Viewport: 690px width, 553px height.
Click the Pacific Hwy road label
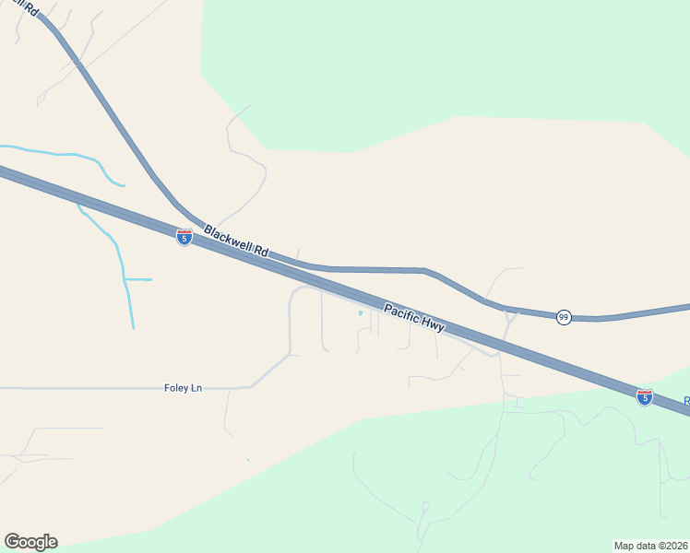[414, 319]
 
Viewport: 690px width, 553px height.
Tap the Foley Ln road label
[183, 388]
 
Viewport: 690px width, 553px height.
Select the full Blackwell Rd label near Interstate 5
[235, 241]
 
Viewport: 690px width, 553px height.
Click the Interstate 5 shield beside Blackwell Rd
[184, 237]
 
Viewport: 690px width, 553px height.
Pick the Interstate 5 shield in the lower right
[645, 396]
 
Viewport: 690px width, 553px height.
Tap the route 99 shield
[564, 317]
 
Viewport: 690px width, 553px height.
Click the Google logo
[30, 541]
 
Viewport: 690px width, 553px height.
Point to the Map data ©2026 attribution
[651, 546]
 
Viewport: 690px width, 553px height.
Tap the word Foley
[176, 388]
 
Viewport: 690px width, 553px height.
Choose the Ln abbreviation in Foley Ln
[196, 388]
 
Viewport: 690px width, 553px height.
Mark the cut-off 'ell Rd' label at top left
[28, 8]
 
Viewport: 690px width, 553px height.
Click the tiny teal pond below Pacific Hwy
[361, 312]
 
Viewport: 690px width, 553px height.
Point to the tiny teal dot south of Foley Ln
[248, 459]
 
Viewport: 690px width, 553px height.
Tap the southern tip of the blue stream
[133, 326]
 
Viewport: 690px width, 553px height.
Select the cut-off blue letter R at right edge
[686, 401]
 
